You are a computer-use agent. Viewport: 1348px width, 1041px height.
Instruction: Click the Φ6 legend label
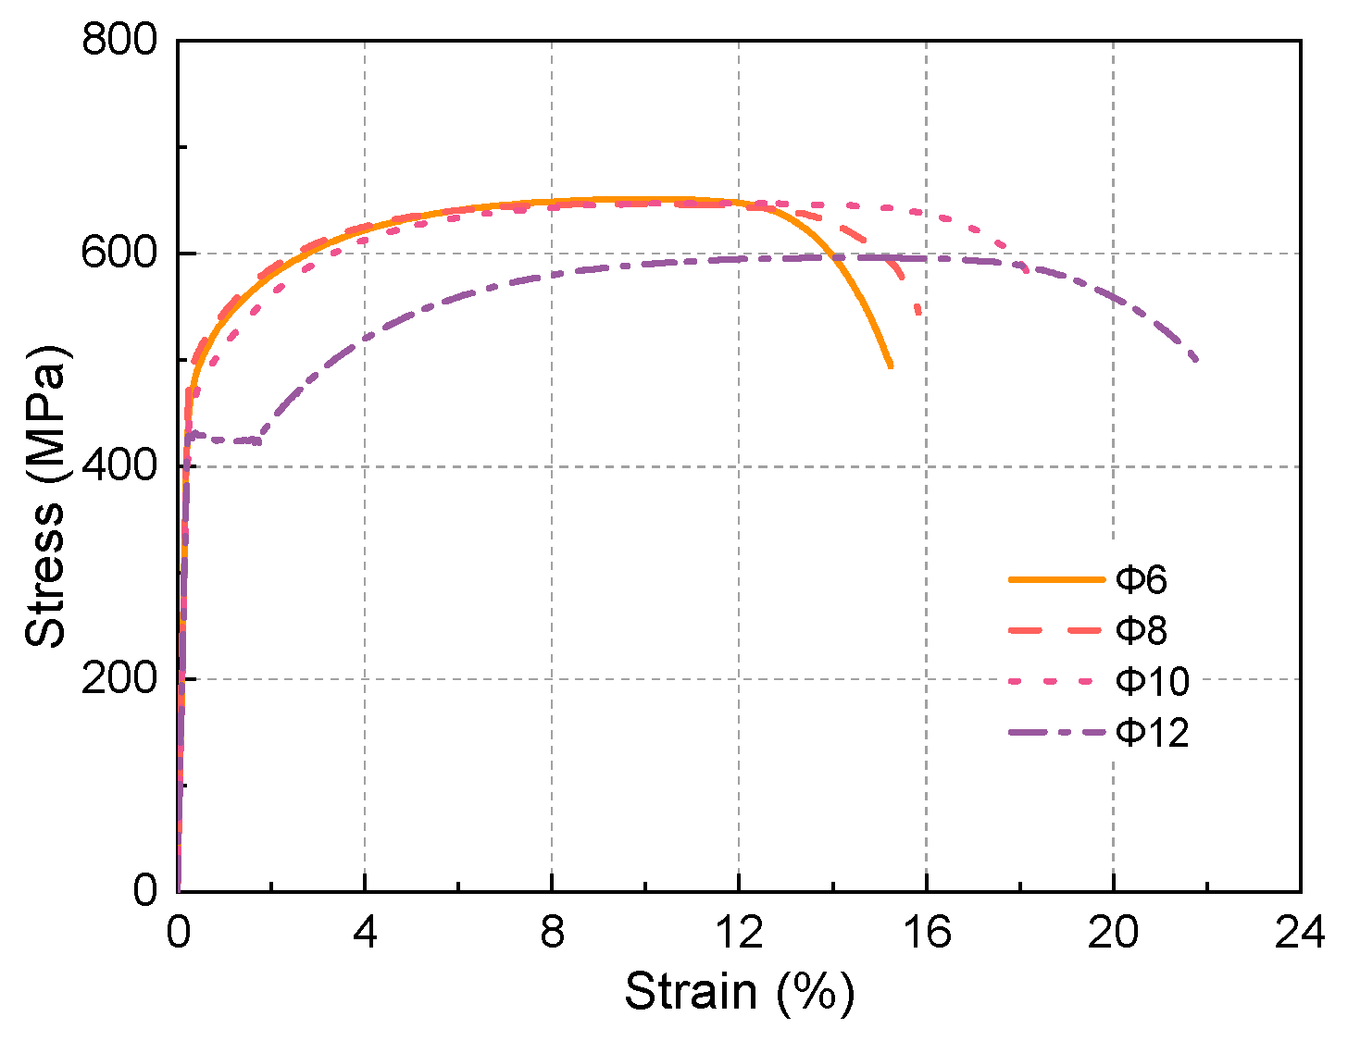click(x=1141, y=580)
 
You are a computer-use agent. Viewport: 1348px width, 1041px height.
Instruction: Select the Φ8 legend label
click(x=1141, y=631)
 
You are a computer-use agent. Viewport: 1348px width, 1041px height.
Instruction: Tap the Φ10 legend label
click(x=1152, y=682)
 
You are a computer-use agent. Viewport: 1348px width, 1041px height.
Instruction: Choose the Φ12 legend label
click(x=1152, y=733)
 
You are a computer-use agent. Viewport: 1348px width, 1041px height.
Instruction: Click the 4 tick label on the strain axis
click(x=365, y=935)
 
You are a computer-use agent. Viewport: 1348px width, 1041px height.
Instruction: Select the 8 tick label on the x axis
click(x=552, y=935)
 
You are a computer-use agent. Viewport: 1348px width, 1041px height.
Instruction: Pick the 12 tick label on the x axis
click(x=739, y=935)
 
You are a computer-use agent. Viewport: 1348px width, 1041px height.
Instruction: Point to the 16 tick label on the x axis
click(x=927, y=935)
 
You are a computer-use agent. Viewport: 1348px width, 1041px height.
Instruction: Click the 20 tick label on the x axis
click(x=1114, y=935)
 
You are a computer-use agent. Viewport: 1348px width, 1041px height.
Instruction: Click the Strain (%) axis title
click(x=739, y=992)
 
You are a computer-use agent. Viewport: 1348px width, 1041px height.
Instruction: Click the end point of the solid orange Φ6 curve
click(x=890, y=366)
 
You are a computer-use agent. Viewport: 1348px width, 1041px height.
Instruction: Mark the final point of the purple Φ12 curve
click(x=1196, y=359)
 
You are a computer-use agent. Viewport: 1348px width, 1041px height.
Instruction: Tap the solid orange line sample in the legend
click(x=1057, y=580)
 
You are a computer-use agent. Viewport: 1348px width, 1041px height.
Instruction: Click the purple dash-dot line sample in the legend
click(x=1057, y=733)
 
